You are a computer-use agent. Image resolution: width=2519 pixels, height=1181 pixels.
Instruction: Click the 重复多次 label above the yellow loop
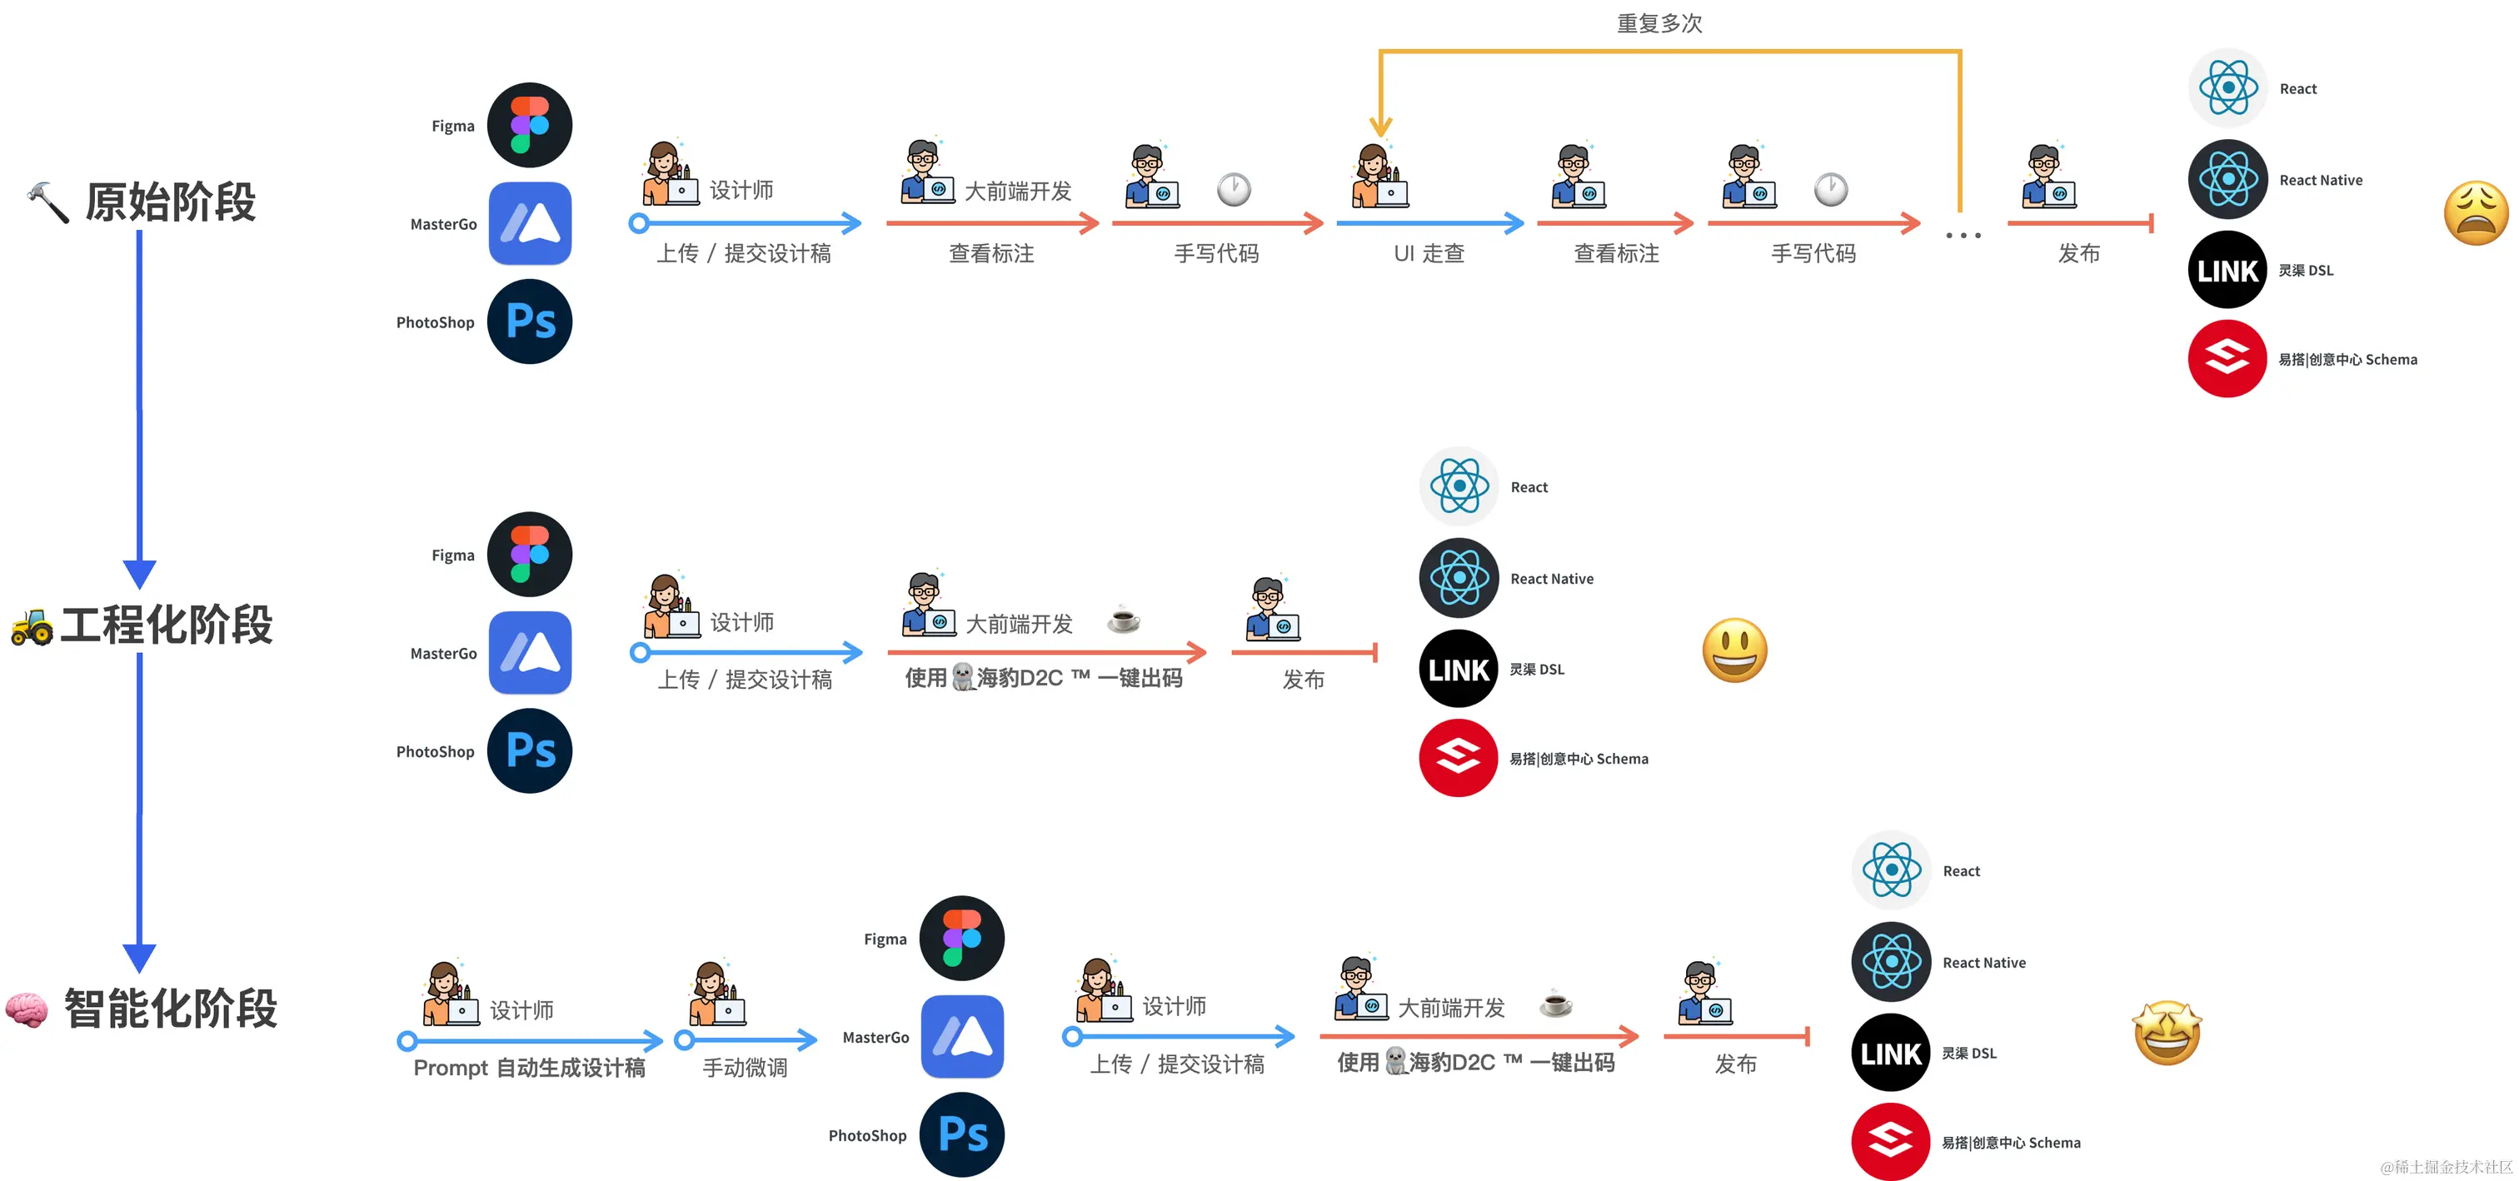[x=1659, y=23]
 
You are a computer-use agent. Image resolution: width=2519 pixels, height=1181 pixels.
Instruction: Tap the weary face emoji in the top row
[x=2475, y=214]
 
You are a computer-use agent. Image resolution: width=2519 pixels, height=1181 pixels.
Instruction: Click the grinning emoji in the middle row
[x=1733, y=650]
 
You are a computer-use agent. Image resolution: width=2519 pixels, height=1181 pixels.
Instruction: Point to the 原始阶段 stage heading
[x=170, y=202]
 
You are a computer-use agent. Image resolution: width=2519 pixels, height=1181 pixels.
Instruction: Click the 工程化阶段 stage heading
[x=167, y=625]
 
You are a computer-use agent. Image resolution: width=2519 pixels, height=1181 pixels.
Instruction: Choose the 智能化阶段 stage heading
[x=171, y=1009]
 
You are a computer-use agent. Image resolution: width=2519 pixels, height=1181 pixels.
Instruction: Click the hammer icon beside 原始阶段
[x=47, y=202]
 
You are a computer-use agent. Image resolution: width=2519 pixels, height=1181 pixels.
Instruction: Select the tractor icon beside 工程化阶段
[x=32, y=626]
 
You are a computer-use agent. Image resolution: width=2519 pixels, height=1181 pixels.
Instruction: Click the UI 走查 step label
[x=1429, y=254]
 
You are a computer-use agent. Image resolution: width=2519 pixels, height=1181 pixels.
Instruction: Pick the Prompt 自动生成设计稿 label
[x=529, y=1068]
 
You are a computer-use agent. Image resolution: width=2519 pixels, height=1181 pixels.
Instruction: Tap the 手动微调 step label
[x=746, y=1068]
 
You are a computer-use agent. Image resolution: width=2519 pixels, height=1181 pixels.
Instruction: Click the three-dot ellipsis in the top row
[x=1963, y=236]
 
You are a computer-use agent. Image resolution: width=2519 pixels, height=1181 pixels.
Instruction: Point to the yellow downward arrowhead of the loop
[x=1379, y=127]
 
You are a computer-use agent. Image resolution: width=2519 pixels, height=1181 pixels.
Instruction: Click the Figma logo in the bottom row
[x=962, y=939]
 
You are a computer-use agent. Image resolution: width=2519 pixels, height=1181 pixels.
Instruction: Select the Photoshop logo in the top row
[x=530, y=321]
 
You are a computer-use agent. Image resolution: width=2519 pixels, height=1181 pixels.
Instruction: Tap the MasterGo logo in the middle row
[x=530, y=653]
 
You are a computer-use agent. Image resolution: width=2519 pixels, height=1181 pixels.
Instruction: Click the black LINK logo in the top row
[x=2227, y=270]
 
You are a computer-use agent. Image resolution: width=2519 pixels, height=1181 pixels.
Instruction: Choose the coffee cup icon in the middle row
[x=1124, y=620]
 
